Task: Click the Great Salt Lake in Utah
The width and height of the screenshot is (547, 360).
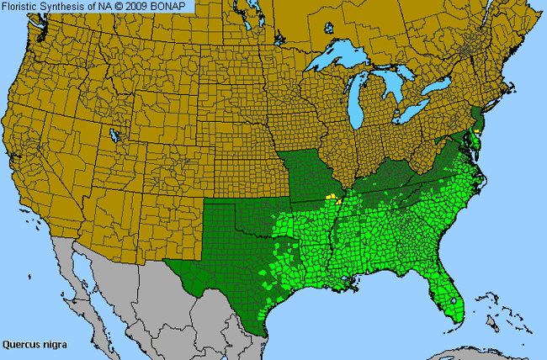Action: coord(114,135)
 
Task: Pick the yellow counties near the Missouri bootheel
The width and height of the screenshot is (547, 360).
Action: coord(336,199)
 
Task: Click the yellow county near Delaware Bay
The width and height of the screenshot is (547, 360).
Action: coord(477,133)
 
